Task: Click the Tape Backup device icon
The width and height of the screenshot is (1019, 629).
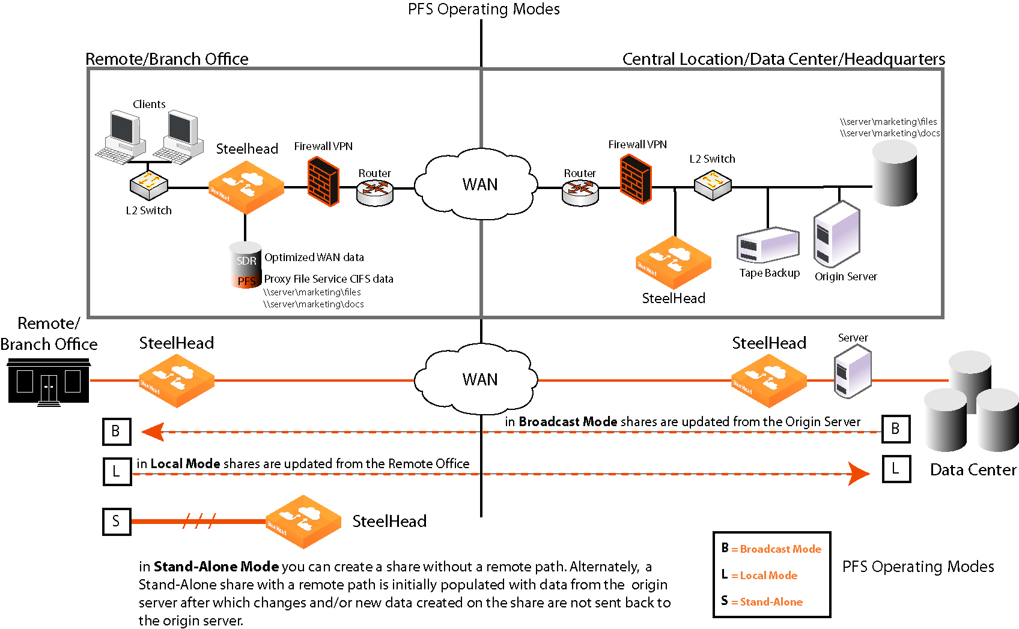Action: pyautogui.click(x=768, y=245)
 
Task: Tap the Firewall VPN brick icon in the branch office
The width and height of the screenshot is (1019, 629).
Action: pyautogui.click(x=323, y=181)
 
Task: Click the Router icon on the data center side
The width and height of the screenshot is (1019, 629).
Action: pyautogui.click(x=580, y=192)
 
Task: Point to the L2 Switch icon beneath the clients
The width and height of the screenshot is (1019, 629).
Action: pyautogui.click(x=148, y=186)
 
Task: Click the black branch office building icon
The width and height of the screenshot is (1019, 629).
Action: pyautogui.click(x=49, y=382)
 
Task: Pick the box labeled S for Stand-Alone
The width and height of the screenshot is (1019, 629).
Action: pyautogui.click(x=116, y=521)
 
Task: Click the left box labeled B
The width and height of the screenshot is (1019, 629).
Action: pyautogui.click(x=116, y=431)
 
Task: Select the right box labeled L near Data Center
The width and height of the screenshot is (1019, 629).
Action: pyautogui.click(x=896, y=469)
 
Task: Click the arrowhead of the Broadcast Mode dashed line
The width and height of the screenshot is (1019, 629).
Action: pyautogui.click(x=153, y=432)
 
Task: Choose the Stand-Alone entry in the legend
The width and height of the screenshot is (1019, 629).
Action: pyautogui.click(x=771, y=601)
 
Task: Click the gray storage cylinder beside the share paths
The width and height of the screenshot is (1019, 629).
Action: pyautogui.click(x=895, y=174)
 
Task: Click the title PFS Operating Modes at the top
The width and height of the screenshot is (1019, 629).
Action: pyautogui.click(x=484, y=9)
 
